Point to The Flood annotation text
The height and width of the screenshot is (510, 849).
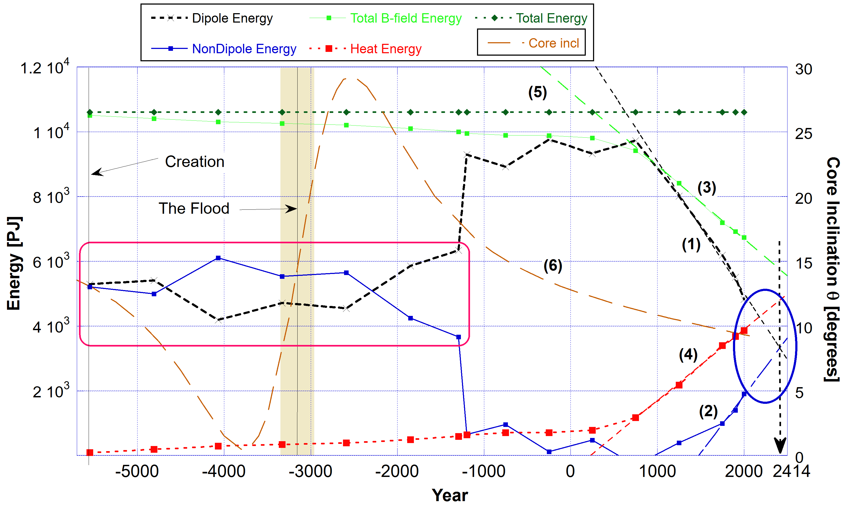coord(194,209)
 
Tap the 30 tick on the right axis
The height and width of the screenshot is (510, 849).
coord(803,69)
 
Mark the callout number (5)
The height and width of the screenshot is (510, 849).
coord(537,92)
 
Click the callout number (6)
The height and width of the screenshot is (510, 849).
coord(553,266)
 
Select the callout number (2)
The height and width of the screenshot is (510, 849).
coord(708,411)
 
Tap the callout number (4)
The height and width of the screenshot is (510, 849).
coord(688,355)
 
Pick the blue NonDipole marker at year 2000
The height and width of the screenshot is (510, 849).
coord(744,394)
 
